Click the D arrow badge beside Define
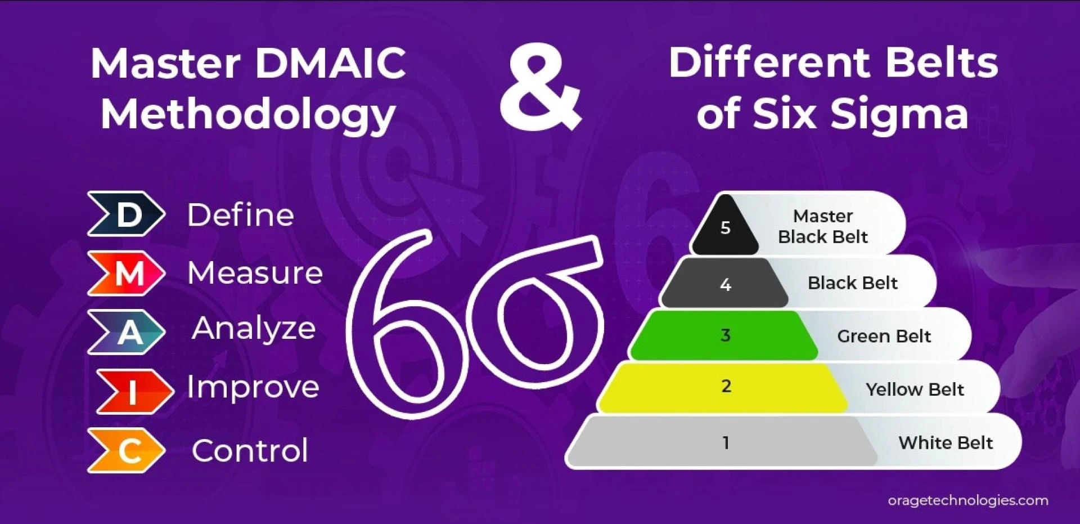point(126,214)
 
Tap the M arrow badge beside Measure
point(126,274)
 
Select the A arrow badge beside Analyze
point(126,332)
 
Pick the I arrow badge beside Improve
point(135,392)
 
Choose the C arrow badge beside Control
point(126,450)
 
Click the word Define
point(241,215)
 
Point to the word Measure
point(255,273)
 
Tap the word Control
point(250,450)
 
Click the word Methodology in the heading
point(248,115)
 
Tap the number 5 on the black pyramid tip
point(725,227)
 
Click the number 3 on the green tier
point(725,335)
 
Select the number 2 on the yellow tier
point(726,386)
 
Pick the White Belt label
point(946,443)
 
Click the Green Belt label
point(884,336)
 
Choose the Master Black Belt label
point(823,226)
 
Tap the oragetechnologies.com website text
point(968,500)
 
